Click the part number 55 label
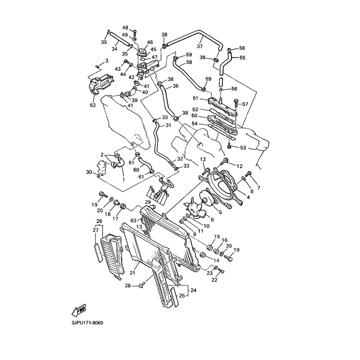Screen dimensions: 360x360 tap(242, 58)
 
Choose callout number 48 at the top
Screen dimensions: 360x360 tap(125, 27)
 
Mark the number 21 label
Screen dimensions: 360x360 tap(132, 273)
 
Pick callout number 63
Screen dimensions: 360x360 tap(134, 220)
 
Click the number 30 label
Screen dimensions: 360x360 tap(89, 172)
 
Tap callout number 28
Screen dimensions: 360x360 tap(128, 286)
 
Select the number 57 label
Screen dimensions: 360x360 tap(245, 104)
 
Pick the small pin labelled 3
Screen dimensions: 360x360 tap(98, 67)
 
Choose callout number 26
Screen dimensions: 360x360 tap(99, 221)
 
